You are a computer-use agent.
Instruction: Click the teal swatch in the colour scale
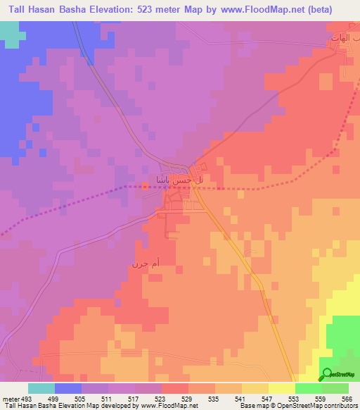coord(41,388)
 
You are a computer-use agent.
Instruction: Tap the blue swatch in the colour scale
coord(68,388)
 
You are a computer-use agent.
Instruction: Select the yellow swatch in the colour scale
coord(281,388)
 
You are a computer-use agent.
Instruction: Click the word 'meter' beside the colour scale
coord(10,398)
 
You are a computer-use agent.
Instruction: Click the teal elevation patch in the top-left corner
coord(9,33)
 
